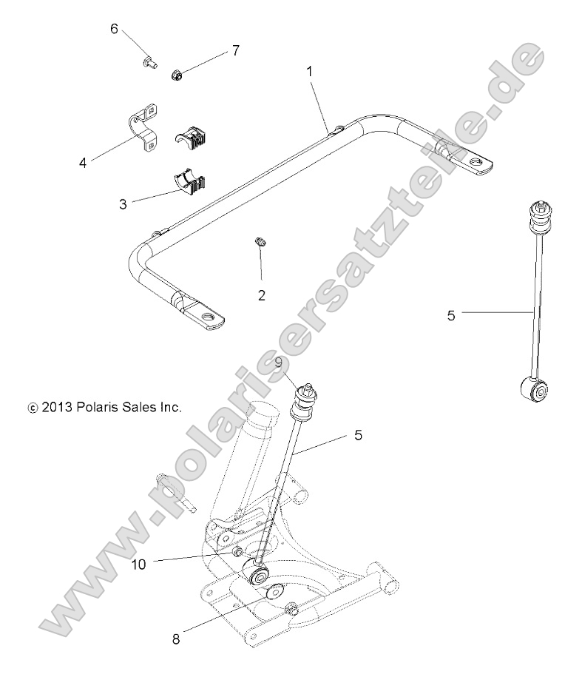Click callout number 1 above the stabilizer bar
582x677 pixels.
(x=309, y=71)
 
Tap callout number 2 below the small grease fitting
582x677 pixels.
(x=262, y=295)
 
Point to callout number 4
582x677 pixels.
(x=83, y=163)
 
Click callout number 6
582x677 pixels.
(x=114, y=29)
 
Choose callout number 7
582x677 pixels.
(x=235, y=50)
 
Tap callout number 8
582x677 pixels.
(x=175, y=639)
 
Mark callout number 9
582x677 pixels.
(x=278, y=363)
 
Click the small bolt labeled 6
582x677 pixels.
(x=149, y=64)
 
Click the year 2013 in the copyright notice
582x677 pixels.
(x=55, y=407)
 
